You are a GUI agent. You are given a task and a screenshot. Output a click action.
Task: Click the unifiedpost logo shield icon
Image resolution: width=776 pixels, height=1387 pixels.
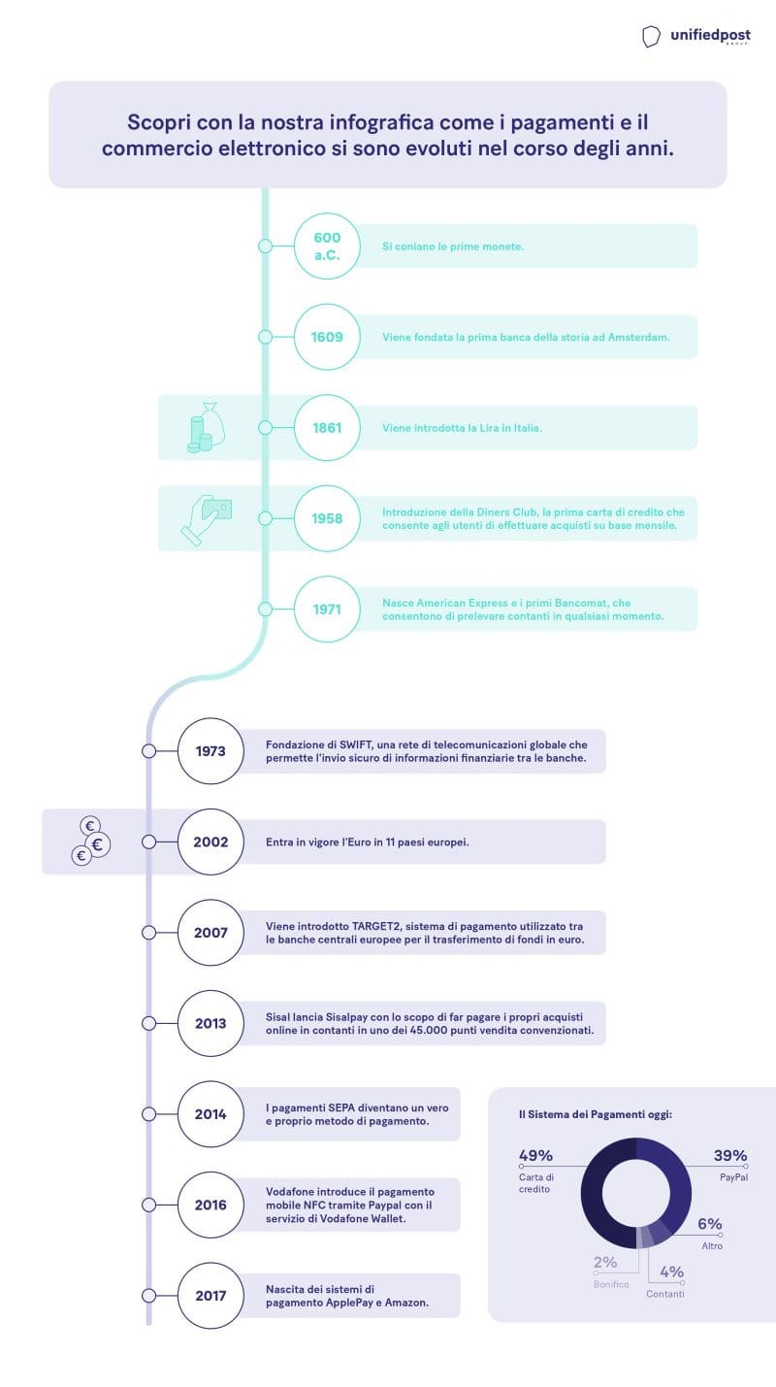pyautogui.click(x=650, y=37)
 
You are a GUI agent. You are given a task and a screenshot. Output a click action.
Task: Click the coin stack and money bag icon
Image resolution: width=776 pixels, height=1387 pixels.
pyautogui.click(x=206, y=427)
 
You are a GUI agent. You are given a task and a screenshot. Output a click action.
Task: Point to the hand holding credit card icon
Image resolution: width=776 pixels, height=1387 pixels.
pyautogui.click(x=206, y=519)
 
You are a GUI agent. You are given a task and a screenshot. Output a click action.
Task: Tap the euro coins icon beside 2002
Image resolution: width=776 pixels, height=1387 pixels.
pyautogui.click(x=90, y=841)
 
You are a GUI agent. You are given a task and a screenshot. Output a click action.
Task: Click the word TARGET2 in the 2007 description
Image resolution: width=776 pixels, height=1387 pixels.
pyautogui.click(x=376, y=926)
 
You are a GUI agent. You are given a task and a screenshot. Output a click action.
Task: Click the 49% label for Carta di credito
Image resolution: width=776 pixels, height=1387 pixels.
pyautogui.click(x=535, y=1155)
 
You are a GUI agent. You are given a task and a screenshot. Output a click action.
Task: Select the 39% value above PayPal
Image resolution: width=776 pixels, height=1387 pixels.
pyautogui.click(x=730, y=1155)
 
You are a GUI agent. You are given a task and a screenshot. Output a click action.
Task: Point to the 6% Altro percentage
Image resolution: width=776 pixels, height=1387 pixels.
pyautogui.click(x=710, y=1224)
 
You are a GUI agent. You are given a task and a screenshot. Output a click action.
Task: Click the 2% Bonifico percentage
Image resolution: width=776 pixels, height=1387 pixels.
pyautogui.click(x=605, y=1262)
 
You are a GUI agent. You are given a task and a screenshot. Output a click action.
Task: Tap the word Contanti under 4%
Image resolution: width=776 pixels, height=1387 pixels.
pyautogui.click(x=665, y=1294)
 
